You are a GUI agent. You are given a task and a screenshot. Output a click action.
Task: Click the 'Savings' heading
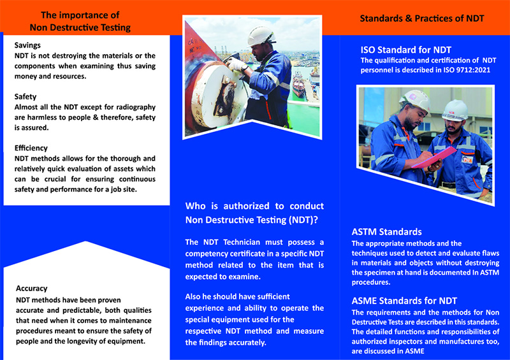click(27, 45)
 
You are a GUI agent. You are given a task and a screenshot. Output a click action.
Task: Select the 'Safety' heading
click(25, 97)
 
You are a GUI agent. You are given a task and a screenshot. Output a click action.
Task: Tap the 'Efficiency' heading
click(31, 148)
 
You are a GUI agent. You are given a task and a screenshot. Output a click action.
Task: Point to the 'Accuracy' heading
click(32, 288)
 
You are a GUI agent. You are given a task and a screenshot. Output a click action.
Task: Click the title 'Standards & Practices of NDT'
click(421, 18)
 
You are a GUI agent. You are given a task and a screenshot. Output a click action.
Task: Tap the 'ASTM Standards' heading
click(387, 232)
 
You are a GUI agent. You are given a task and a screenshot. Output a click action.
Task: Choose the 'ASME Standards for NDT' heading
click(404, 301)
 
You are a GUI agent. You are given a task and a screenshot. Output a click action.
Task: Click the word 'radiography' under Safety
click(134, 107)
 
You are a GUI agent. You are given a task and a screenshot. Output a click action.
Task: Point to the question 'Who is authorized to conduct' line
click(254, 206)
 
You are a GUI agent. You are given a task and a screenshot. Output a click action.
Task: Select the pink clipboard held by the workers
click(433, 156)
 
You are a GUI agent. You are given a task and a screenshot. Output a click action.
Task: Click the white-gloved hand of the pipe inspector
click(237, 64)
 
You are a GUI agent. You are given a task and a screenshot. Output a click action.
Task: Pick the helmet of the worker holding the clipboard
click(415, 100)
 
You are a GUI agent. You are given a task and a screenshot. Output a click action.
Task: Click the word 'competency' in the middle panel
click(208, 254)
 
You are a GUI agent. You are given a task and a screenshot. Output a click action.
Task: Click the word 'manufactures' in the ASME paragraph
click(446, 341)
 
